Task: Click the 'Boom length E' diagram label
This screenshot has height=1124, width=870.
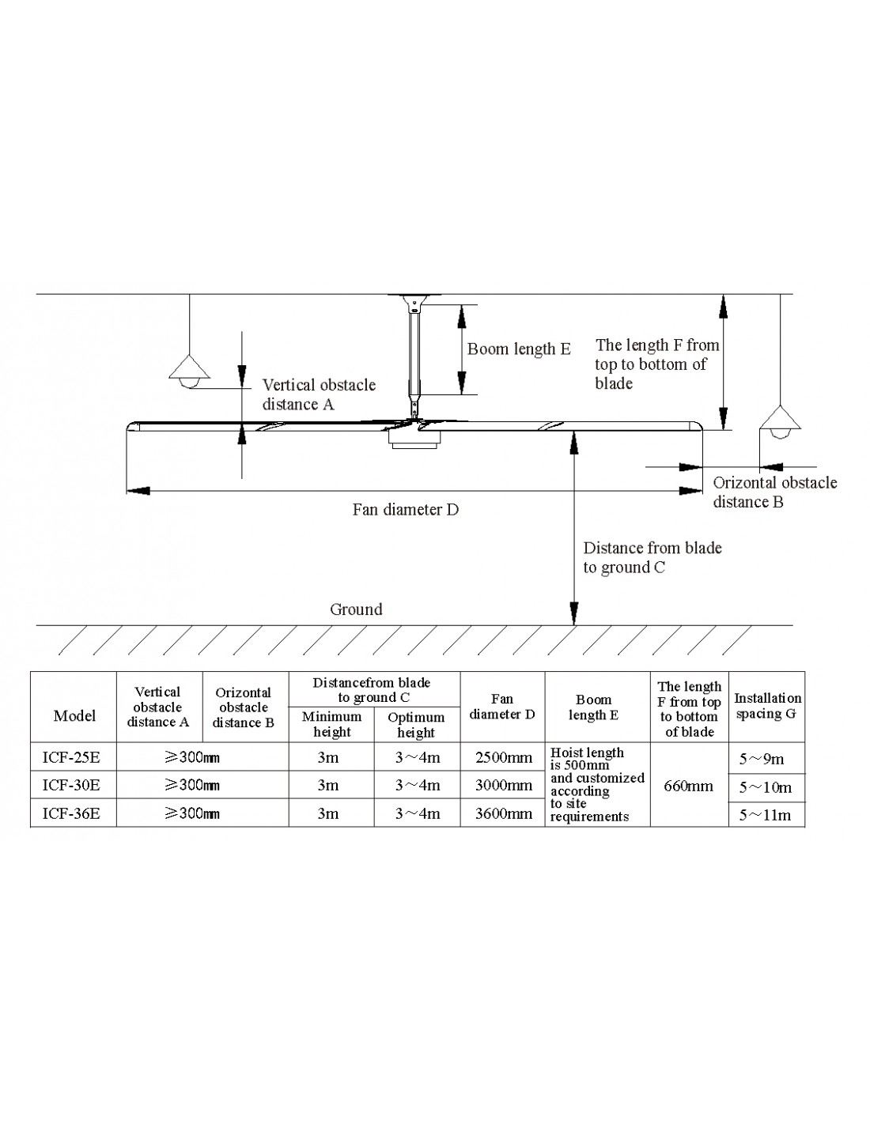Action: tap(519, 349)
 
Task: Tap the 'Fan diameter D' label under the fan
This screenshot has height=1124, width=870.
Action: tap(405, 510)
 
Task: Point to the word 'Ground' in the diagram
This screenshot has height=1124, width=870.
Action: tap(356, 609)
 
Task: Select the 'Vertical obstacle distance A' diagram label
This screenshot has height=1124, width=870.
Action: tap(318, 394)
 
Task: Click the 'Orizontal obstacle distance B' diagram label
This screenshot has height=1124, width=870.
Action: tap(774, 492)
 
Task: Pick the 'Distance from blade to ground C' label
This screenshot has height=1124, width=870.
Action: tap(652, 557)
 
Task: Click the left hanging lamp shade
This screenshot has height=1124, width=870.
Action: tap(189, 371)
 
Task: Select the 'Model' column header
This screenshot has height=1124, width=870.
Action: tap(74, 716)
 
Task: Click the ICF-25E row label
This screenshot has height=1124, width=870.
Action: tap(71, 757)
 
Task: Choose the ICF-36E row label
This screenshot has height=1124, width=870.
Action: tap(71, 813)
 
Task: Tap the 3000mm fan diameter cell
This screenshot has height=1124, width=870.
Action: tap(504, 786)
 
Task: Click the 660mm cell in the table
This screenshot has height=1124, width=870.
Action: tap(689, 786)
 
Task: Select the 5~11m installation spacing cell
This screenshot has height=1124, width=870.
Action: tap(765, 815)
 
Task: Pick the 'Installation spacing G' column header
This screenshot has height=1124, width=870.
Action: tap(767, 706)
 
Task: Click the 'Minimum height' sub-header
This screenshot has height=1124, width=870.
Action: tap(331, 724)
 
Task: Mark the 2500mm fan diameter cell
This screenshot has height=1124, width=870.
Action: tap(504, 758)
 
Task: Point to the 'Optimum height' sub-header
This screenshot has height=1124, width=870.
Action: tap(416, 724)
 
